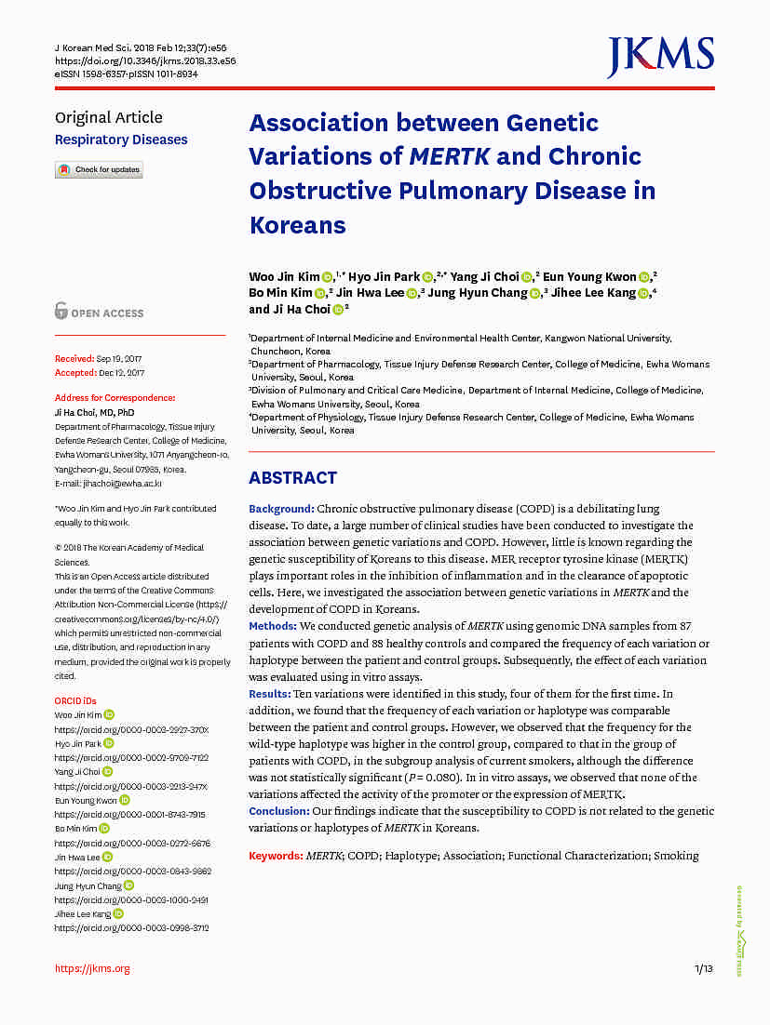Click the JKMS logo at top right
[660, 57]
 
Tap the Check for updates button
[99, 170]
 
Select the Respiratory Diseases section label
[121, 140]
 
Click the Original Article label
[108, 117]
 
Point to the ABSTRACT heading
[292, 478]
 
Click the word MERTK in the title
[449, 156]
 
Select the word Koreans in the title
[297, 225]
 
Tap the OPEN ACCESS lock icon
[61, 312]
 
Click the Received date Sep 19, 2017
[120, 358]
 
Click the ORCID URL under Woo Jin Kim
[131, 729]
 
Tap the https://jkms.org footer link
[92, 968]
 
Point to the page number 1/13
[704, 969]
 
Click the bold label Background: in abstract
[281, 509]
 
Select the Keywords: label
[276, 856]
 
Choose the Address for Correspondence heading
[115, 397]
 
